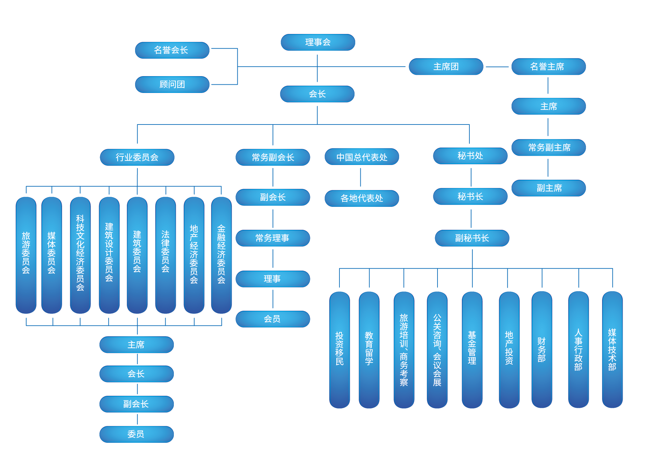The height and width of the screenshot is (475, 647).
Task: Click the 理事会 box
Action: [318, 43]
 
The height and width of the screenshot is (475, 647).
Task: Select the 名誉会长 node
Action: [172, 50]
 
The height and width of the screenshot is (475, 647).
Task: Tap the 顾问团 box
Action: [172, 85]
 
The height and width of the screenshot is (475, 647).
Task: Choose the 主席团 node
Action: [446, 67]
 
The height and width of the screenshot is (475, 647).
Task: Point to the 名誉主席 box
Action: [548, 67]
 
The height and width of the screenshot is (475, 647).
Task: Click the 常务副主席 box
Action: [548, 147]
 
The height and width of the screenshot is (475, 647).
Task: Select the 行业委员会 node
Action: [137, 157]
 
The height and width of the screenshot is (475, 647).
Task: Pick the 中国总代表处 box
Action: [362, 157]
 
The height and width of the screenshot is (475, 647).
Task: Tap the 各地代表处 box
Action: [362, 198]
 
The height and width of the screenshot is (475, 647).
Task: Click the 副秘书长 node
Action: [472, 238]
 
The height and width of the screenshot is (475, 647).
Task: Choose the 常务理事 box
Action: [273, 238]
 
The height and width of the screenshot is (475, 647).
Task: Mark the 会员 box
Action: [273, 319]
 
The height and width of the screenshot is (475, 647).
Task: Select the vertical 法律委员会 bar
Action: [165, 255]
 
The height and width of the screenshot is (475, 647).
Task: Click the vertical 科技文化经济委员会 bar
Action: [80, 255]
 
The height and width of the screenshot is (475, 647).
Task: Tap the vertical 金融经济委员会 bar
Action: [221, 255]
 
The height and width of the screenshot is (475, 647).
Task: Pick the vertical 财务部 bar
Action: [542, 350]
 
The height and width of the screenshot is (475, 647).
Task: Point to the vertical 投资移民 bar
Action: [339, 350]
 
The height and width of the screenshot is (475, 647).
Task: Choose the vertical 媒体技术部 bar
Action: [612, 350]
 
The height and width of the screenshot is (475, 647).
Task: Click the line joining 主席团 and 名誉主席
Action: [497, 67]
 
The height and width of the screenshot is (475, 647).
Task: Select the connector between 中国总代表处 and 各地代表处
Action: [360, 177]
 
